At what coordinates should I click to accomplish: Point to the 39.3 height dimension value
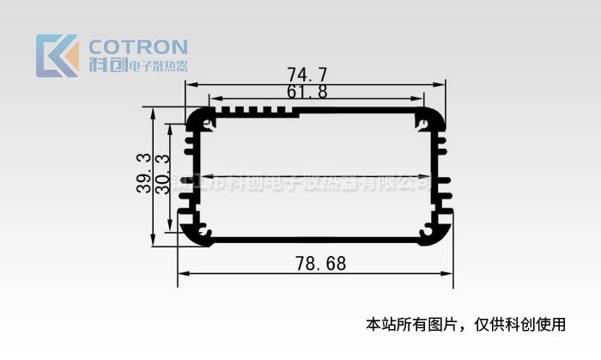click(x=143, y=173)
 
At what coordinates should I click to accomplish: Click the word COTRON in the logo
click(x=138, y=46)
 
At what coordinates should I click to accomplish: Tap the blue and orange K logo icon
click(x=58, y=55)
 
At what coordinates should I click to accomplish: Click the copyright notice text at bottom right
click(x=466, y=324)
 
